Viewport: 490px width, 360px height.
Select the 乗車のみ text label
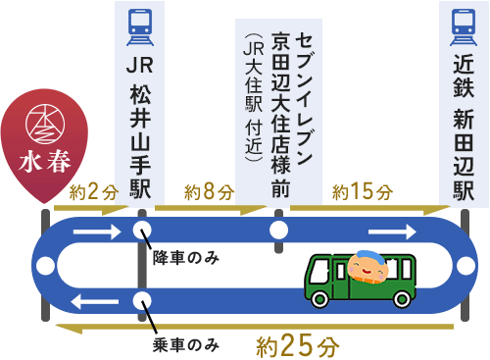pos(185,344)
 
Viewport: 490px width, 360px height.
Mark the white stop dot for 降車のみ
pos(142,232)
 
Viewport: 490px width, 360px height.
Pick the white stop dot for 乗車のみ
pos(142,301)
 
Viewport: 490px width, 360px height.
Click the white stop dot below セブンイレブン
pos(279,232)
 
